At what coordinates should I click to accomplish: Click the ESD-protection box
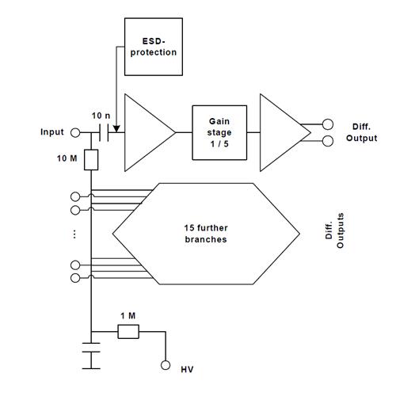(154, 47)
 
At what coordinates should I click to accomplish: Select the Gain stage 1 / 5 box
(219, 132)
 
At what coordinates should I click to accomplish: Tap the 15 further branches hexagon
(206, 234)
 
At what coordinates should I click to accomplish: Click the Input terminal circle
(75, 132)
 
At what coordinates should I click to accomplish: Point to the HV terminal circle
(166, 365)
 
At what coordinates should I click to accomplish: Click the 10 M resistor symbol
(91, 160)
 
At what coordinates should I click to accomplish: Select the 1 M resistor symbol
(128, 332)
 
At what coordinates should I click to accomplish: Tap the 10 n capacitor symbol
(104, 132)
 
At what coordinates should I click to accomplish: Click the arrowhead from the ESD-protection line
(116, 129)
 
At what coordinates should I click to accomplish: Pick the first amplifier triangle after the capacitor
(150, 132)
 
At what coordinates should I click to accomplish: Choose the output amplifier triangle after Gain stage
(285, 132)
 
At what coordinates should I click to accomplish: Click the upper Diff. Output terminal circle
(328, 124)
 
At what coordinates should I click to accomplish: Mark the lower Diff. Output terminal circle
(328, 141)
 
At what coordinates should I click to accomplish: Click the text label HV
(187, 369)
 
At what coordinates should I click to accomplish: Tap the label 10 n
(101, 116)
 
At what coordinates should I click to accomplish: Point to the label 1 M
(128, 316)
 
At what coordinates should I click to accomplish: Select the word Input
(52, 132)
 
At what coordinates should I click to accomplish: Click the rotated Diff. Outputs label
(334, 230)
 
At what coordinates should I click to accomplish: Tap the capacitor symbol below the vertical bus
(91, 356)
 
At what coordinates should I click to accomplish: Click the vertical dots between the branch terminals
(74, 234)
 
